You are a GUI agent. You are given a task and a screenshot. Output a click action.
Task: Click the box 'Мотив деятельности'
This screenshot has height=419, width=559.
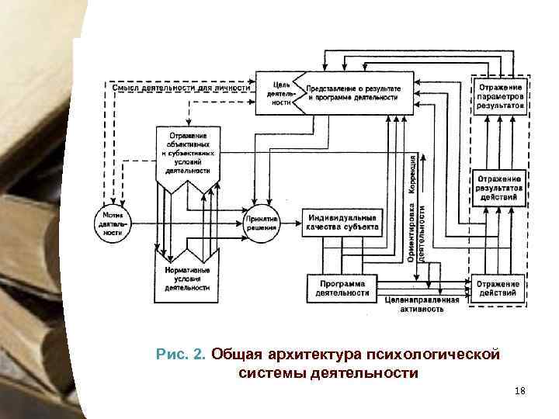[113, 223]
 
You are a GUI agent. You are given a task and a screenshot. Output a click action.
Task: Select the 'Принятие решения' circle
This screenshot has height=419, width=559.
[262, 223]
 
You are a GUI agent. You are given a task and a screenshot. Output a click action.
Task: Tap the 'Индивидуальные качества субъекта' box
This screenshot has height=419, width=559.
[343, 222]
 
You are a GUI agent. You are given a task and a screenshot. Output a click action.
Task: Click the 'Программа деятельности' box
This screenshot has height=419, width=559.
[342, 288]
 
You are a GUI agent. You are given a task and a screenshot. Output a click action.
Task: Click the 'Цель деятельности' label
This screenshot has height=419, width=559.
[280, 93]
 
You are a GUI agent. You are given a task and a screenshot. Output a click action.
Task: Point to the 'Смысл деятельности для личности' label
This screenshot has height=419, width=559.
[182, 88]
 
